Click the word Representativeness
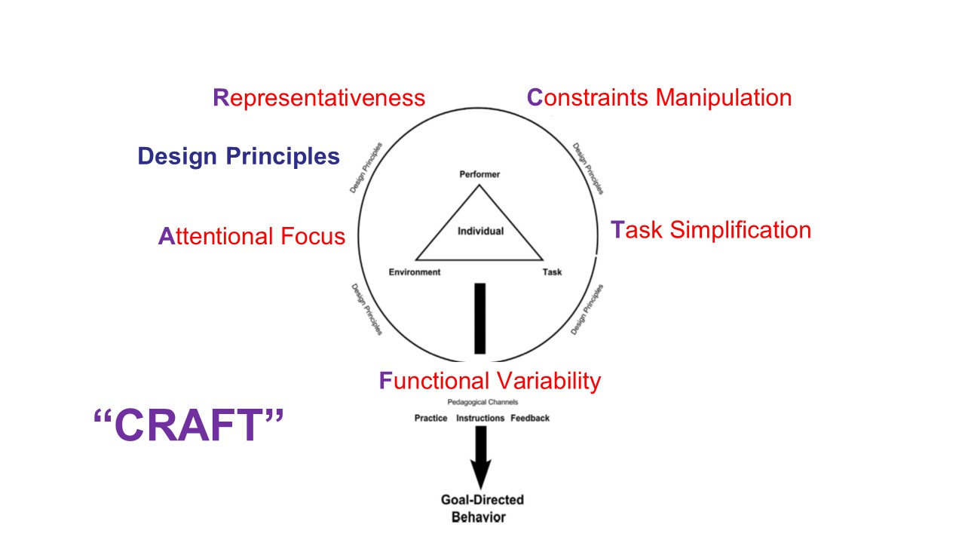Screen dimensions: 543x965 (319, 98)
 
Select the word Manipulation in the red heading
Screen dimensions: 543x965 (724, 97)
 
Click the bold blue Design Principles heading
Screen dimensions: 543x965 (238, 156)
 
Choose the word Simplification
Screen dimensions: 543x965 (740, 229)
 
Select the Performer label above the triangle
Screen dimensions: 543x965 (479, 174)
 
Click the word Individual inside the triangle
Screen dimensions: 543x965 (480, 231)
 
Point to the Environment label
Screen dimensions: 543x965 (415, 272)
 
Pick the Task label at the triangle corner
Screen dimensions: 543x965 (552, 272)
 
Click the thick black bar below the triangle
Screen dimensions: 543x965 (479, 318)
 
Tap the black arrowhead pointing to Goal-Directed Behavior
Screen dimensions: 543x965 (480, 474)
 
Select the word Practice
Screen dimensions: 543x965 (430, 419)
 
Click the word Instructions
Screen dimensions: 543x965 (480, 419)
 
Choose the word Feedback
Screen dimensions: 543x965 (530, 419)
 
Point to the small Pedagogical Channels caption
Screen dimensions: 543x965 (482, 403)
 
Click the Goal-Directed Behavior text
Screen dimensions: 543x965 (482, 508)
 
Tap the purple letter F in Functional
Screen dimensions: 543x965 (385, 381)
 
